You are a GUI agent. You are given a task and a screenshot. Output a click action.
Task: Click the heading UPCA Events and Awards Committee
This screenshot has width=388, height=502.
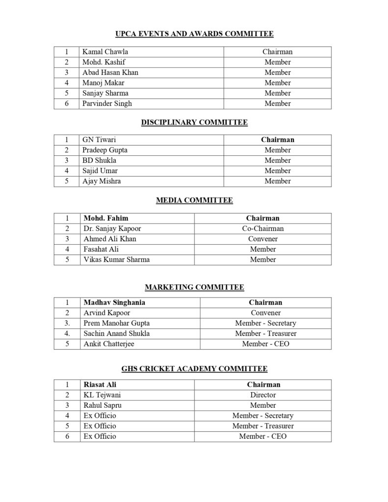pos(194,34)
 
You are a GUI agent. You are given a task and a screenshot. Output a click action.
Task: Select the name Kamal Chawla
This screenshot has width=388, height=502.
pos(105,51)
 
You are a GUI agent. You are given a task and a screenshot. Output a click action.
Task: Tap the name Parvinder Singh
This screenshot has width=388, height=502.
pos(107,103)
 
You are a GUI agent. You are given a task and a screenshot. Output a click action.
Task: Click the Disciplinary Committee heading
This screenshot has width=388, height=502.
pos(194,122)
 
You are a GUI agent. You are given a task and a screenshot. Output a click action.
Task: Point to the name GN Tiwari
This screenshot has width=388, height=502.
pos(99,140)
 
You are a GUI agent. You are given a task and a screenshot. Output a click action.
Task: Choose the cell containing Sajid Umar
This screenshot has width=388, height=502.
pos(100,171)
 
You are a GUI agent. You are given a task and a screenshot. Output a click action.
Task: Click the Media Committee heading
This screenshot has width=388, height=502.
pos(194,200)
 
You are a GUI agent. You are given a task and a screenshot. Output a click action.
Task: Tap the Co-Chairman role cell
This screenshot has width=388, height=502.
pos(262,228)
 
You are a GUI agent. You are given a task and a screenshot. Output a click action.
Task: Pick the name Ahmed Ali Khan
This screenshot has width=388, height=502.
pos(110,239)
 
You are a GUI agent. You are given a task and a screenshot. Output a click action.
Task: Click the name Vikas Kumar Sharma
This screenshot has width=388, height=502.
pos(116,259)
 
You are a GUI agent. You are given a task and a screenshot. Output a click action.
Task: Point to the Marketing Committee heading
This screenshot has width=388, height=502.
pos(194,287)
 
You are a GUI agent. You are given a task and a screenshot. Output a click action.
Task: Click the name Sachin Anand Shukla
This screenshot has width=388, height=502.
pos(116,333)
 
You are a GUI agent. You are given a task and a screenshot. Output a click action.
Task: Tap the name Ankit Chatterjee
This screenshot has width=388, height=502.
pos(108,344)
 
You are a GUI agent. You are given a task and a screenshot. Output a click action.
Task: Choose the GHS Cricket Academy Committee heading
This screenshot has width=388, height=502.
pos(194,369)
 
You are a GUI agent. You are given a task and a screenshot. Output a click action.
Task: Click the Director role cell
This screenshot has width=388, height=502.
pos(263,395)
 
